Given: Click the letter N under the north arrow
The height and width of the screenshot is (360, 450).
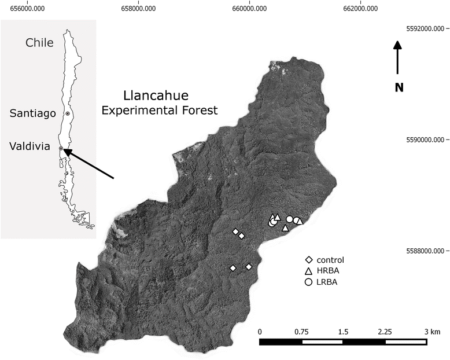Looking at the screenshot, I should click(399, 87).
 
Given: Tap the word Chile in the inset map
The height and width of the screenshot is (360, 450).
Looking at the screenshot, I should click(39, 42).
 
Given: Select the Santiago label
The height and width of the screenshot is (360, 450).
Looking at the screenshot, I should click(33, 113).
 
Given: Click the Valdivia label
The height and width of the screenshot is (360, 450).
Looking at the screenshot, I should click(29, 148).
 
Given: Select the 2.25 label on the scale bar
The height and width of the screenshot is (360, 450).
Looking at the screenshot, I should click(385, 331).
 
